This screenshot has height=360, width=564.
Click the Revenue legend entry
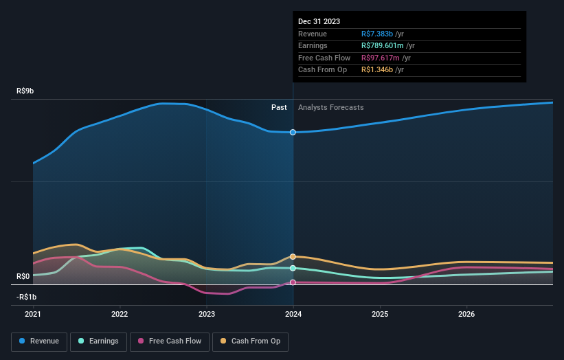(39, 341)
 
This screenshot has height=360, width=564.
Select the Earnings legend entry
(98, 341)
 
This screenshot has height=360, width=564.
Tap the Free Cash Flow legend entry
(169, 341)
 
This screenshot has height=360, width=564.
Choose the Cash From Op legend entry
(251, 341)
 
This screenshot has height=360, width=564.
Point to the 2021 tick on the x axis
(33, 315)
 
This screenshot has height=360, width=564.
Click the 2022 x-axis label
(120, 315)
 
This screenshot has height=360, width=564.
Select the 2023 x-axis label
(207, 315)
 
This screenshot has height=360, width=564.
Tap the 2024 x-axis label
(293, 315)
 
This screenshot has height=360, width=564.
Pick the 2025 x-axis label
(380, 315)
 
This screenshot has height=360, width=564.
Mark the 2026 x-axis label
(466, 315)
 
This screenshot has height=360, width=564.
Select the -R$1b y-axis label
(28, 297)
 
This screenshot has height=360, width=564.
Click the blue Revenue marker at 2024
(293, 132)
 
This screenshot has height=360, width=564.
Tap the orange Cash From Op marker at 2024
(293, 256)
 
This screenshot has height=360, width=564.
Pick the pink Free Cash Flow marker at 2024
(293, 282)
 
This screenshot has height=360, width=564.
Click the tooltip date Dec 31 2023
(319, 22)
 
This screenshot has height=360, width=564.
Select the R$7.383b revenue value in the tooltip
(377, 34)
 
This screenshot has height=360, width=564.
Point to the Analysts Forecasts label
(330, 107)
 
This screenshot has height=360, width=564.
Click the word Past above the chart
(279, 107)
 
